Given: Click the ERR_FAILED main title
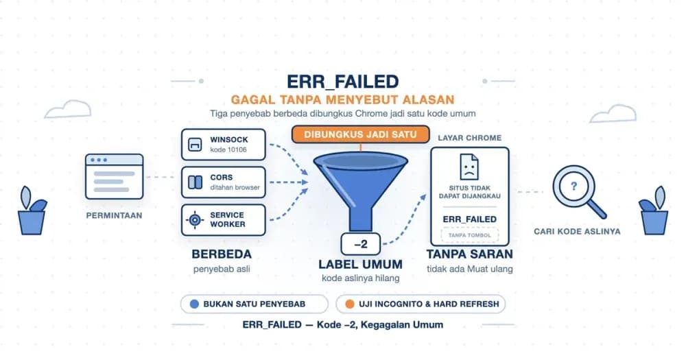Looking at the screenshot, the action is click(342, 82).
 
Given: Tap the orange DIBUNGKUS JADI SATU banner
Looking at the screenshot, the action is click(361, 134).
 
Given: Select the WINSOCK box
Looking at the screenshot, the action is click(224, 145).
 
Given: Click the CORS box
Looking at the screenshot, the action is click(224, 182).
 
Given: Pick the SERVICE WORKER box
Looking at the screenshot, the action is click(224, 219).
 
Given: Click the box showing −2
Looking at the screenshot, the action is click(361, 244).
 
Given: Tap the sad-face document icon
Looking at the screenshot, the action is click(469, 167).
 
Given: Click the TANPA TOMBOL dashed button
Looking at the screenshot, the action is click(469, 235).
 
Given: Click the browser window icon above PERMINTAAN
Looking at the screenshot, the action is click(114, 176).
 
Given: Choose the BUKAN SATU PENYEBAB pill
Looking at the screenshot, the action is click(255, 304).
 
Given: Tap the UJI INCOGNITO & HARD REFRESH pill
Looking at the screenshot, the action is click(421, 304).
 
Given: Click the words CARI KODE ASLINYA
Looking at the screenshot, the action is click(577, 231).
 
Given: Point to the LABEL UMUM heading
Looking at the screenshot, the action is click(361, 264).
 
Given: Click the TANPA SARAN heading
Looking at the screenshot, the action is click(469, 254).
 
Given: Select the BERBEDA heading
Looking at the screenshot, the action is click(222, 254).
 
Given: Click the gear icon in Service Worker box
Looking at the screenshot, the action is click(195, 219).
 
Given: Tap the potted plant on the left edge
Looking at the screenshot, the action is click(32, 211).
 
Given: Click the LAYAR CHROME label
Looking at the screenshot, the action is click(469, 138).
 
